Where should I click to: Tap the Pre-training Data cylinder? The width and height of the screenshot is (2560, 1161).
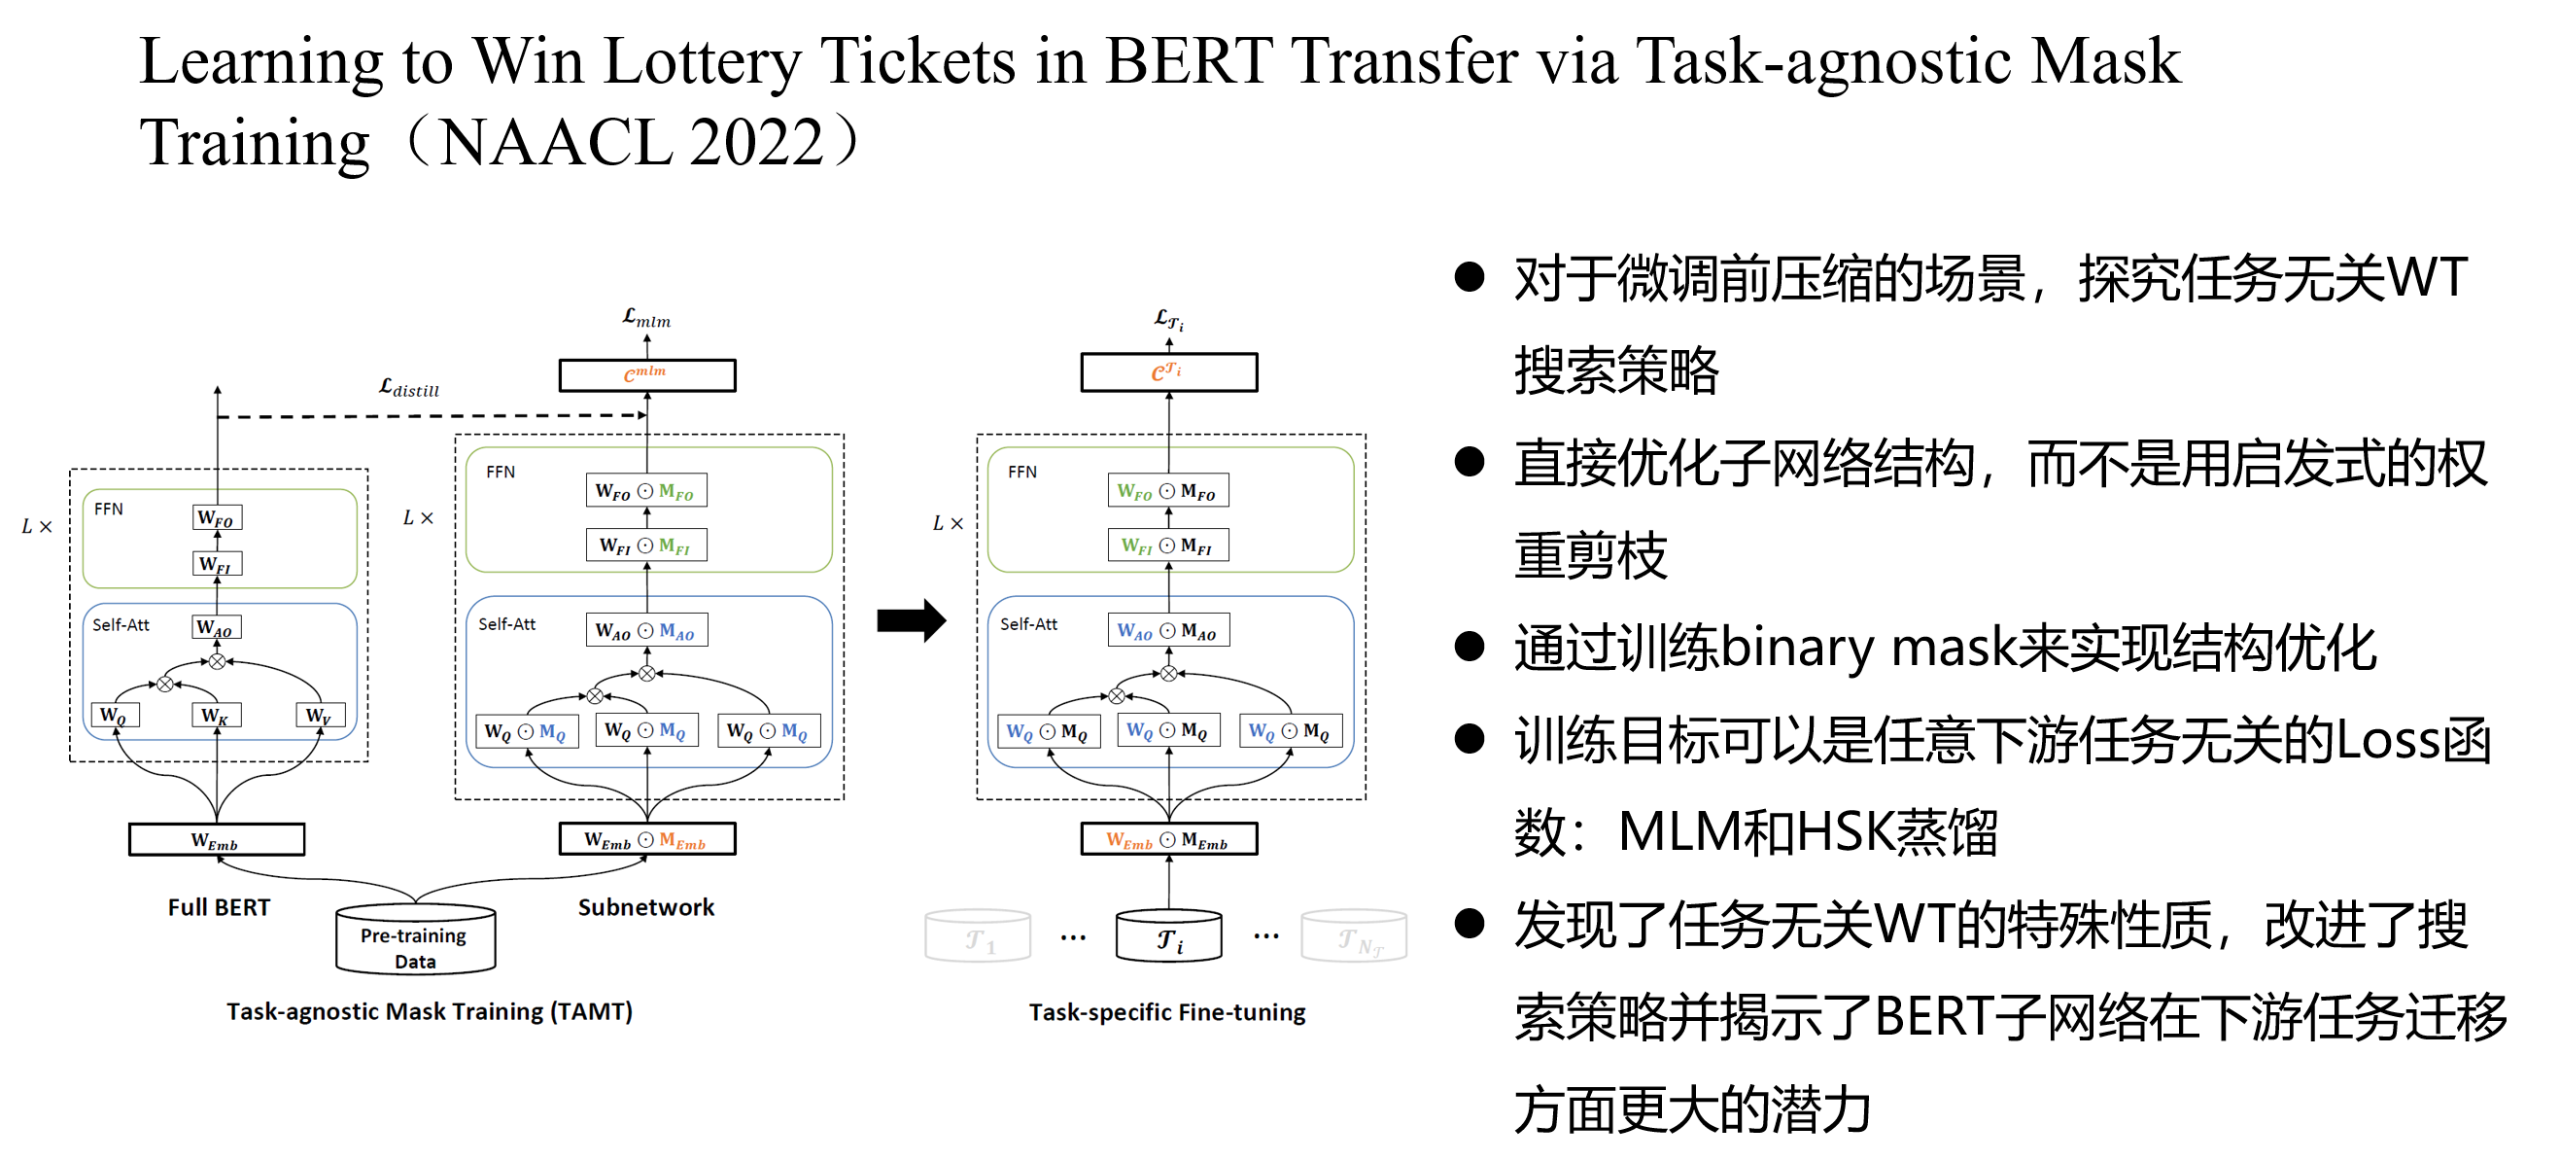point(414,939)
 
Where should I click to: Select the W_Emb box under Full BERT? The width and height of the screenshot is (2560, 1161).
point(216,840)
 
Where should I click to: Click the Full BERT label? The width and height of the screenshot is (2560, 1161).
point(219,907)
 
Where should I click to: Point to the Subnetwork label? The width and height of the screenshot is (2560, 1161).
point(646,907)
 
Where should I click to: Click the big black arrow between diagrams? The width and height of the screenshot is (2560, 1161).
point(911,621)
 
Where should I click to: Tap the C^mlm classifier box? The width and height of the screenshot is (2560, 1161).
point(647,374)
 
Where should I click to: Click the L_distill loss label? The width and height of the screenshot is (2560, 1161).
point(408,388)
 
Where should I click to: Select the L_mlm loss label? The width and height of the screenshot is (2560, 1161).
point(646,318)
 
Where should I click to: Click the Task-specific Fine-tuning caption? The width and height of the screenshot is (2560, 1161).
point(1166,1012)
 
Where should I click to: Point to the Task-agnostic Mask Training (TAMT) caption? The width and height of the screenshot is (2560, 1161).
point(430,1011)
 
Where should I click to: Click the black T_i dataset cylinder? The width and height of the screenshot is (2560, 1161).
point(1168,937)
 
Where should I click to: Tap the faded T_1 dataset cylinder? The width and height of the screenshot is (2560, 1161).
point(978,937)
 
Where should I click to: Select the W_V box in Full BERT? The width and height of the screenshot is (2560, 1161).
point(320,716)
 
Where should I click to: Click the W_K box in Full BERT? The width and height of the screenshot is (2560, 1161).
point(216,716)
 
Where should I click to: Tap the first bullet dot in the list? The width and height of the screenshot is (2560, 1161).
point(1469,277)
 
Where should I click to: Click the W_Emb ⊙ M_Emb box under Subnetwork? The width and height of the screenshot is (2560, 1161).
point(647,840)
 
